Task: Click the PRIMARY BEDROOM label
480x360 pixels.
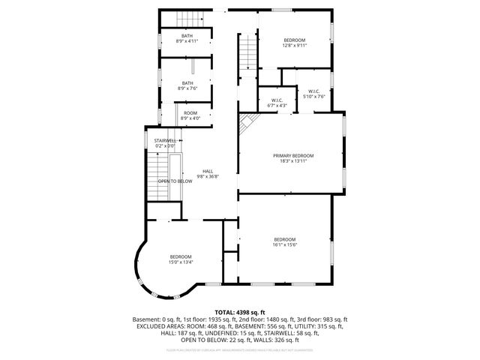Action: (292, 155)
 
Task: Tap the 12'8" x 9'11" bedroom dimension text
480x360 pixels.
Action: (294, 45)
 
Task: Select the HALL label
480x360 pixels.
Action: (208, 171)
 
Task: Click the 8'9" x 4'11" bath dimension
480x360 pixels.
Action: (187, 41)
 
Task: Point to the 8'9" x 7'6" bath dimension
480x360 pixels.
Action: (187, 88)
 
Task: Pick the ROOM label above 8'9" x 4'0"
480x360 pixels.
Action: (190, 112)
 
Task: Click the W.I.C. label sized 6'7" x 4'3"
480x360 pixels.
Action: (277, 100)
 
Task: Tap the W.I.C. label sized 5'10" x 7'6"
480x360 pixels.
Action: (313, 91)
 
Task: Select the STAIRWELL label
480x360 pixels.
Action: (166, 140)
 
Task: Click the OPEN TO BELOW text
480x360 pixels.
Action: (173, 181)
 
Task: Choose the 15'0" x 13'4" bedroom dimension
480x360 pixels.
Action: (181, 262)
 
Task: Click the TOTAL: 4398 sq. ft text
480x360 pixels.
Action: (240, 312)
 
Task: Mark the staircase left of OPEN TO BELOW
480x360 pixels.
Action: (156, 175)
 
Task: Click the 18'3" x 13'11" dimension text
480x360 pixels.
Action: (292, 160)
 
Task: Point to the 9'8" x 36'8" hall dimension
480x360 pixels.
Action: (208, 176)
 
